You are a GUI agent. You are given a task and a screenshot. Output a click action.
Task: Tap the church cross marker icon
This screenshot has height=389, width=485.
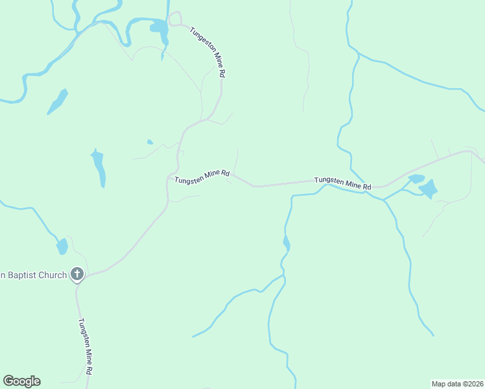(77, 275)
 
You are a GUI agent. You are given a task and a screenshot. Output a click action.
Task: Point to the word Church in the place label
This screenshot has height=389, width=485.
(55, 275)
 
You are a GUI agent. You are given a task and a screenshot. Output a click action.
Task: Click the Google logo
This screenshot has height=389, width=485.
(21, 381)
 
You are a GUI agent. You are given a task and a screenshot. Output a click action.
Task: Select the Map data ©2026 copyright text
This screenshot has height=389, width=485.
(457, 383)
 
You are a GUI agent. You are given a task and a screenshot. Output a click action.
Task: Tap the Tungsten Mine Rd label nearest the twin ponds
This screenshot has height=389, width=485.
(342, 183)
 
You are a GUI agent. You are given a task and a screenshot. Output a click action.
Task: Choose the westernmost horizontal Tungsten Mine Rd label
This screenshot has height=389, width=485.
(202, 175)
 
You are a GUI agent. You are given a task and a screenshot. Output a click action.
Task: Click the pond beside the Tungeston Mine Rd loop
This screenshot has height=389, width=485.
(158, 27)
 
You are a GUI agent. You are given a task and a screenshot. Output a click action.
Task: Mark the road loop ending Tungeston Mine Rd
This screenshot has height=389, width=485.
(175, 19)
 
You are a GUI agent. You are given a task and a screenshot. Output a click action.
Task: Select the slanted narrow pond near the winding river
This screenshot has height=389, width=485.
(58, 101)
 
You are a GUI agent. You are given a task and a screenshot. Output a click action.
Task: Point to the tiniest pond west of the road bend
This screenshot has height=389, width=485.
(150, 142)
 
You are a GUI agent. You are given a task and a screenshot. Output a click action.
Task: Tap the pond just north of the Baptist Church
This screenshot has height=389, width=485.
(62, 246)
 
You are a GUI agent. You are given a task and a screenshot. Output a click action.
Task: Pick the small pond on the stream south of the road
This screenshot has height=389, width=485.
(287, 244)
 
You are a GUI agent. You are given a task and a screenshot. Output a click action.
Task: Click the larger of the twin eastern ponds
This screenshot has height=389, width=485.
(428, 189)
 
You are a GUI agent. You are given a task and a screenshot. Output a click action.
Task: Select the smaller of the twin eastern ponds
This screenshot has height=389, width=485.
(416, 178)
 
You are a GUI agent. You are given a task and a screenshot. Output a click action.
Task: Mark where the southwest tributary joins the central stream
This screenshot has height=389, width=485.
(283, 277)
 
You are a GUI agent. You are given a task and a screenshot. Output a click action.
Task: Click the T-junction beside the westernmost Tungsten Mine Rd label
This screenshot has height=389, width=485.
(171, 177)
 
